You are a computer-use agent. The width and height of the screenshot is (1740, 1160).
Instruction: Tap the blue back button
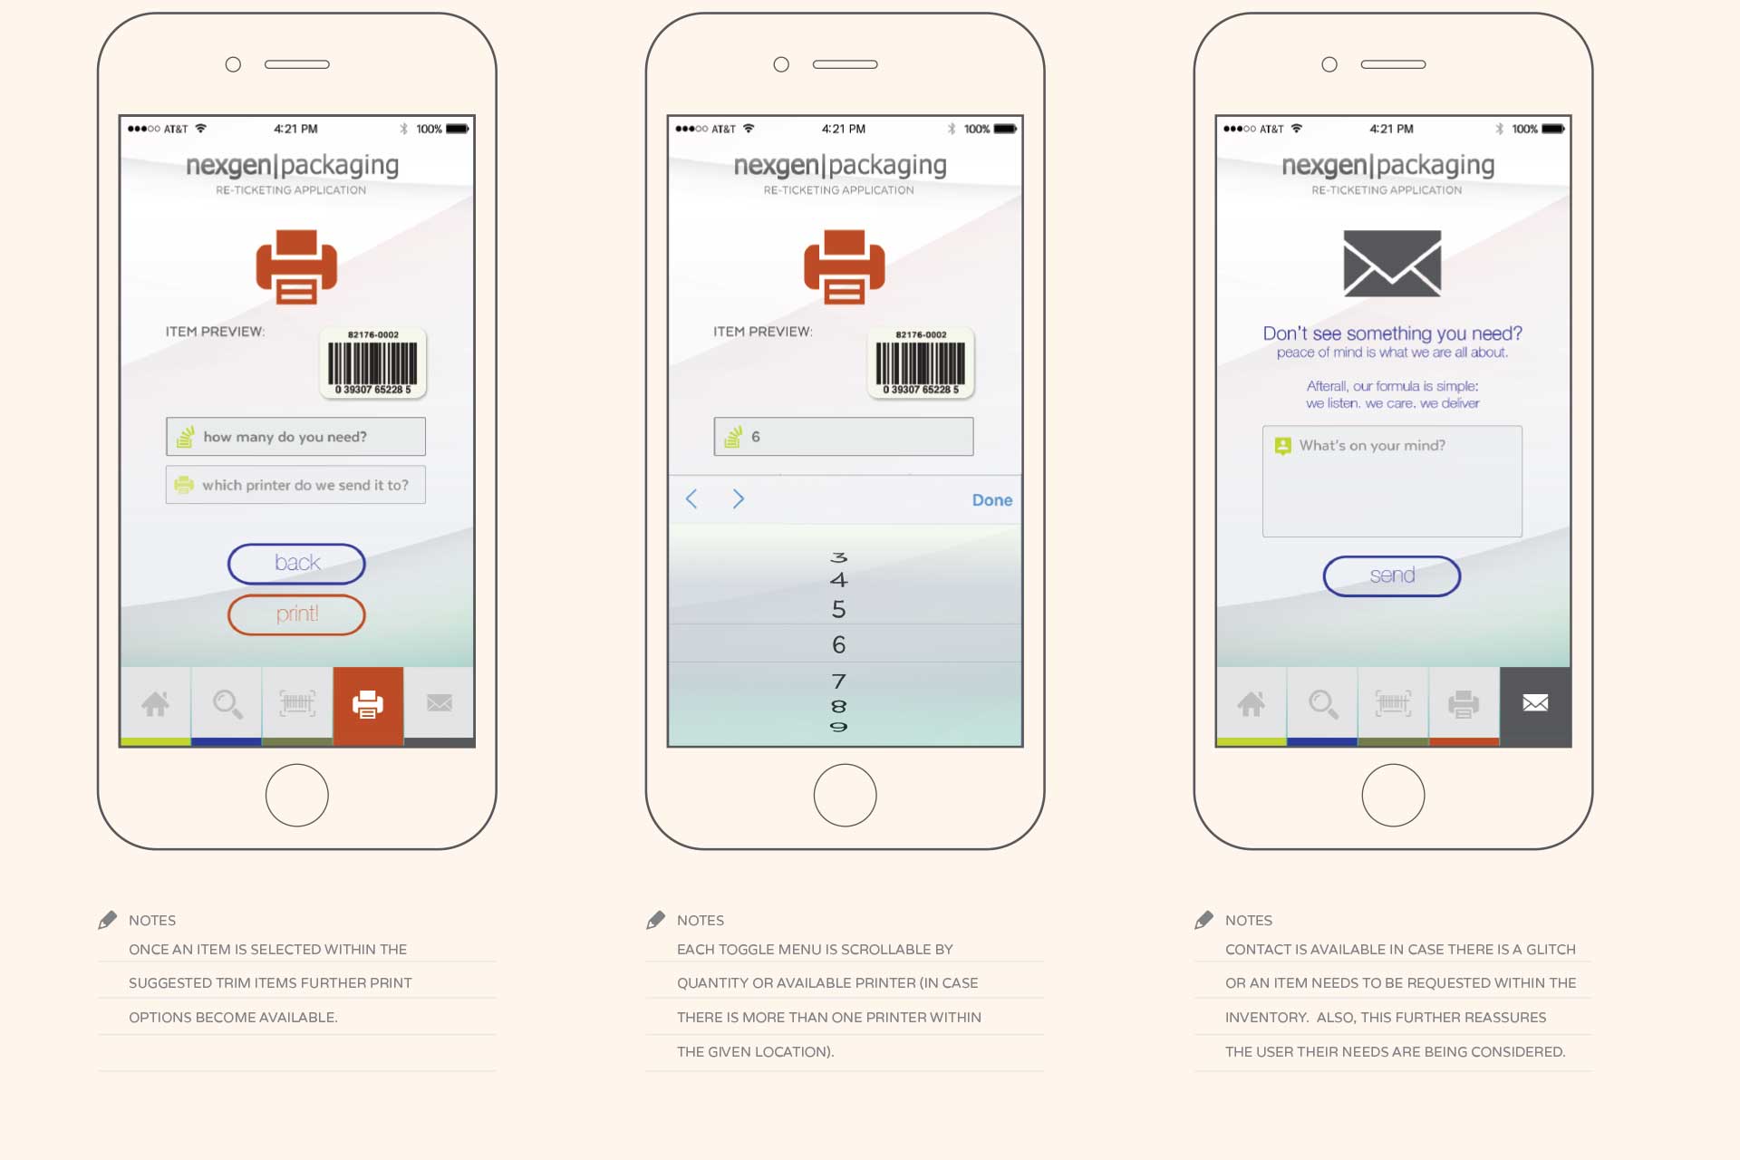point(296,564)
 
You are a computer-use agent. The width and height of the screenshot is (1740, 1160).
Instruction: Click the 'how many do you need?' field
point(295,437)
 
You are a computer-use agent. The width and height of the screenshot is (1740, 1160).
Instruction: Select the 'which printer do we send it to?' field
point(295,485)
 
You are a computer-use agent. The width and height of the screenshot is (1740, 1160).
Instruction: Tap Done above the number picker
point(992,500)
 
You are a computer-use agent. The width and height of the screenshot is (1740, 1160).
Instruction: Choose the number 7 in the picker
point(839,681)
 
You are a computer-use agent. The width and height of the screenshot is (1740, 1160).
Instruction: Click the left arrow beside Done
point(691,499)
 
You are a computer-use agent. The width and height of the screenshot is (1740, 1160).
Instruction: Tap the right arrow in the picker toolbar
point(739,499)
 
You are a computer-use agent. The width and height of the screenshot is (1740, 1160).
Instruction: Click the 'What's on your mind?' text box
point(1392,481)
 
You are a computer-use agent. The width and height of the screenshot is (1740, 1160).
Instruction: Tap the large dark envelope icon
point(1392,264)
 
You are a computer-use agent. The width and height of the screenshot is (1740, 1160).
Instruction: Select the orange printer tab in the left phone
point(368,705)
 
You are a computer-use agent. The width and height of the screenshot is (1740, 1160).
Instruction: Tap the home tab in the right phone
point(1251,705)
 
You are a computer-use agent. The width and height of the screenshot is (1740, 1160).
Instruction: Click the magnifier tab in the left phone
point(227,705)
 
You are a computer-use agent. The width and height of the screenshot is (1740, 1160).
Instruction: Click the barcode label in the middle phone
point(921,363)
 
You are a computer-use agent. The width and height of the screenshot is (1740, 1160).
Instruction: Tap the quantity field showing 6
point(844,437)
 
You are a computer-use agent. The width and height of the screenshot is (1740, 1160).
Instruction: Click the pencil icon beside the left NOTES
point(108,920)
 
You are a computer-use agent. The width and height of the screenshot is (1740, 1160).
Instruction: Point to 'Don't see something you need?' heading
point(1392,333)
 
